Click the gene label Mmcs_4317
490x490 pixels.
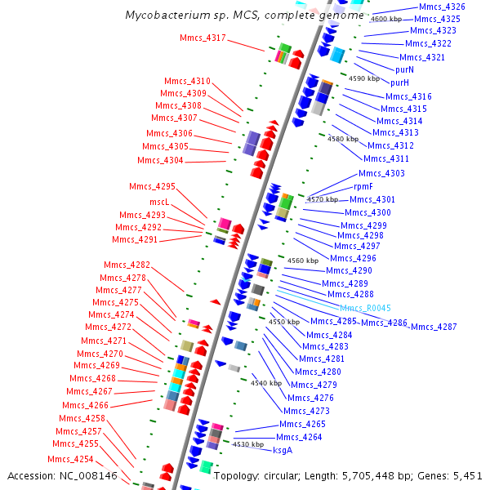point(203,38)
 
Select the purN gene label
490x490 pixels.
point(404,69)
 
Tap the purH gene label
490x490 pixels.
point(399,82)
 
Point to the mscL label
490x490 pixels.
point(159,202)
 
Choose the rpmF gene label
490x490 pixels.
point(363,186)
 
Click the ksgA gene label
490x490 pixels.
point(283,450)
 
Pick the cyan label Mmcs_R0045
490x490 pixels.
point(365,308)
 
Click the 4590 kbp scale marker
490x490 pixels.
point(364,78)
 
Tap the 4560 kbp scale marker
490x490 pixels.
point(303,261)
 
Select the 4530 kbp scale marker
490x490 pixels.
point(248,444)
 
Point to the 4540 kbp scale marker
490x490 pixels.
point(266,383)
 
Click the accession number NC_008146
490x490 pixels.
point(88,476)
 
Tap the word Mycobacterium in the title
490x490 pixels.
point(167,15)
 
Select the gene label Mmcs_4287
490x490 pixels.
point(434,327)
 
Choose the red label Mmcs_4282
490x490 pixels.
point(127,265)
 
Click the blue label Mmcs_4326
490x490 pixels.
point(442,7)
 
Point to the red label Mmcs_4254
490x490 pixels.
point(70,459)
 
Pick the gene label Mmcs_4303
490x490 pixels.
point(381,173)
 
